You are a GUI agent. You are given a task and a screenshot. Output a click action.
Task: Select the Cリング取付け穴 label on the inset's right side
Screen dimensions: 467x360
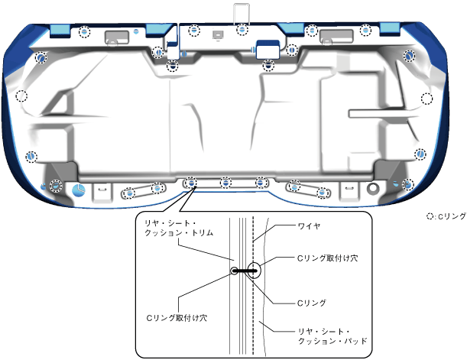click(319, 258)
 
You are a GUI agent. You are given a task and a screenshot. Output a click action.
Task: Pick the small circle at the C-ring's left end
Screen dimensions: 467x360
click(235, 270)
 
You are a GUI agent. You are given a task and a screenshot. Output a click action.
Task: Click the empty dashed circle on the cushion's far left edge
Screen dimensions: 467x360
click(22, 96)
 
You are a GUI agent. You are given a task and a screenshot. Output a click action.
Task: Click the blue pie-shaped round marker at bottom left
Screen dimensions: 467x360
click(79, 189)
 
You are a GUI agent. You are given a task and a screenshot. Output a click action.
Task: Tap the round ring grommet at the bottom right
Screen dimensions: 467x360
click(372, 188)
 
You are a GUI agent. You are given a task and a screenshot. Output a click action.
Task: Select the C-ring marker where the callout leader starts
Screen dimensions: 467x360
click(190, 183)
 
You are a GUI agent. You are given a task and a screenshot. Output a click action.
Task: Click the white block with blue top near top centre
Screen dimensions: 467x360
click(266, 47)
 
